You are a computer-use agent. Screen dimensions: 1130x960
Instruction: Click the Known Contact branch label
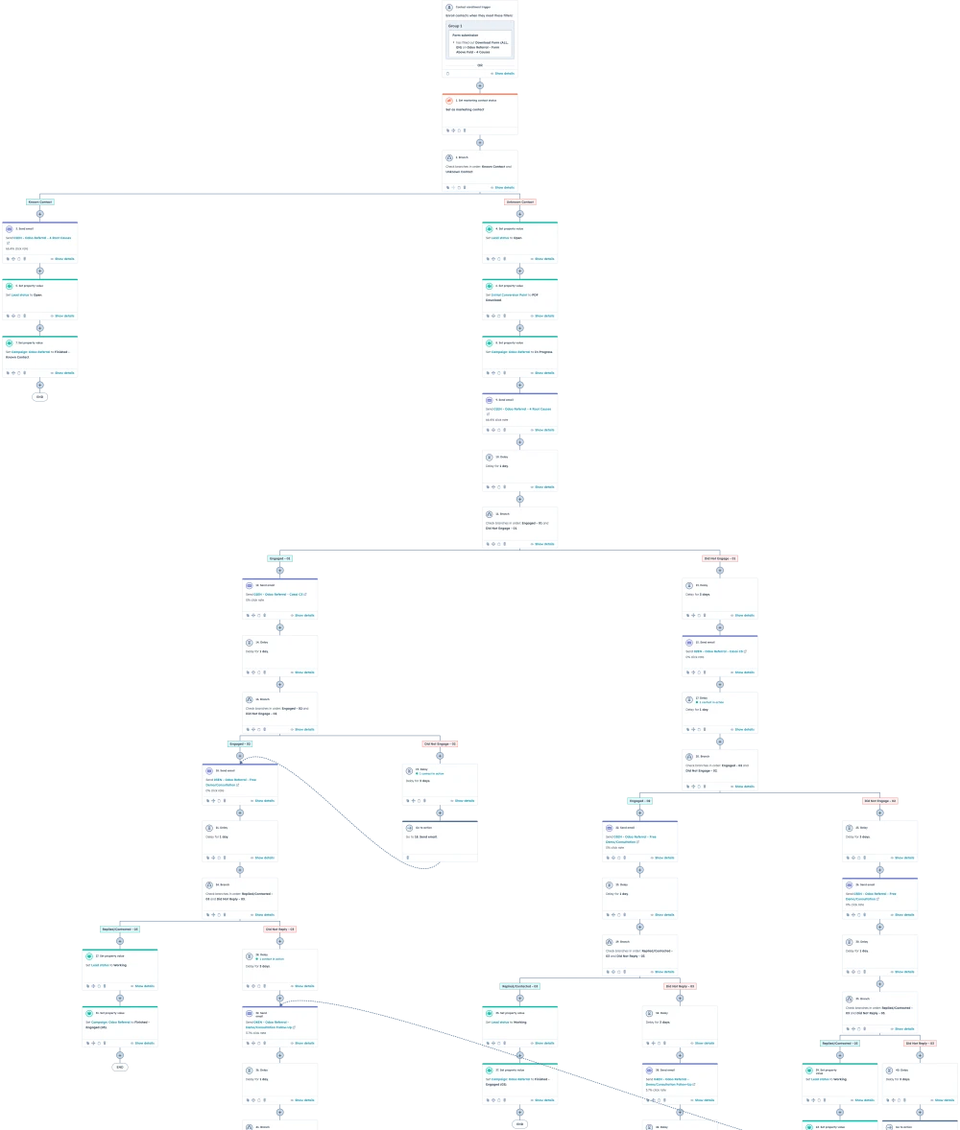point(40,202)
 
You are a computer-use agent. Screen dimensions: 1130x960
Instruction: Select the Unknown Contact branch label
point(520,202)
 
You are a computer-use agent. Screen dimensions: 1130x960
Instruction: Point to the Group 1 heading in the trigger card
point(455,26)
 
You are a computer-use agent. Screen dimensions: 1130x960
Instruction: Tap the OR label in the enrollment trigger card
point(480,64)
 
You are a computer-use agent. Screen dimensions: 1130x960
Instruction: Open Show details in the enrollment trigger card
point(504,73)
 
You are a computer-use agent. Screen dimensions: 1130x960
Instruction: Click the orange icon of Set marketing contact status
point(449,100)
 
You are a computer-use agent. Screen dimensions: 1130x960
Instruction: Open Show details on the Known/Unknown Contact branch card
point(504,188)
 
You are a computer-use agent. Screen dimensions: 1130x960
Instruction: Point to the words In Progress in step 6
point(543,352)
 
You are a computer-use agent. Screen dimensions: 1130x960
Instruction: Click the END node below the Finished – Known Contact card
point(39,396)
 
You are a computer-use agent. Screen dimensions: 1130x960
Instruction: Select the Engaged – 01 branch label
point(279,558)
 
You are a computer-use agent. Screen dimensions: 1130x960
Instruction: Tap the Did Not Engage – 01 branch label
point(720,558)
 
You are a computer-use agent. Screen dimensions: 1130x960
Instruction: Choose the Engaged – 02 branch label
point(240,743)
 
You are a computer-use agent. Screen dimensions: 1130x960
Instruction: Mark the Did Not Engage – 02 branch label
point(441,743)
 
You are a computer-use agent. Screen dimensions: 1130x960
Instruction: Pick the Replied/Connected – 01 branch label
point(120,929)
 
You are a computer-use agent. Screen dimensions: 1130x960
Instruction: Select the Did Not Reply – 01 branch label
point(280,929)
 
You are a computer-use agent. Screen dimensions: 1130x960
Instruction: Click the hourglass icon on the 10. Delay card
point(490,457)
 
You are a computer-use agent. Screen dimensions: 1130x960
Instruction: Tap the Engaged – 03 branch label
point(640,801)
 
